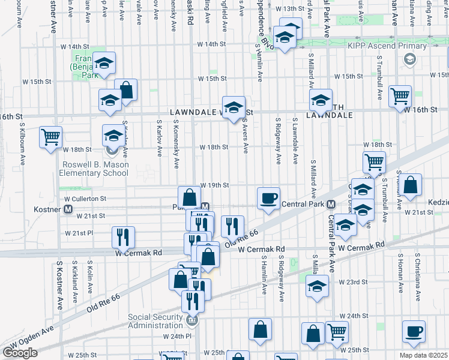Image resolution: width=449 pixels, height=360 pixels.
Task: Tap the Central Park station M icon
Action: (x=331, y=204)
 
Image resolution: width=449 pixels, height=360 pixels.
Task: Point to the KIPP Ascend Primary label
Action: (x=401, y=45)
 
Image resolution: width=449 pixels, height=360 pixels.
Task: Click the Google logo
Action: (x=20, y=353)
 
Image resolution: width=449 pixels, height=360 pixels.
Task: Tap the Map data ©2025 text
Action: (x=423, y=355)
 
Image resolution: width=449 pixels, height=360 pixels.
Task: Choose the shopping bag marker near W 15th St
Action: (x=127, y=89)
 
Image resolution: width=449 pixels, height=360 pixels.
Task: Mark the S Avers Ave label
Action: (x=246, y=137)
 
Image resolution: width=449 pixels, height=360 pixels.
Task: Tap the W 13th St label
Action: (x=291, y=8)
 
